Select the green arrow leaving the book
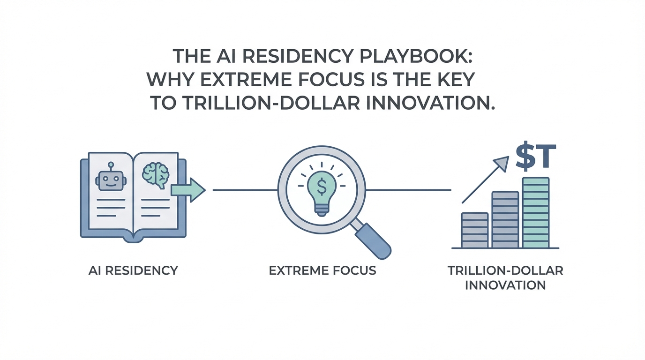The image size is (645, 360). [188, 190]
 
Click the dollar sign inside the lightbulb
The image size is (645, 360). [322, 187]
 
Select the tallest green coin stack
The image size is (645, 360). [536, 212]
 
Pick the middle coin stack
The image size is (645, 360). [505, 220]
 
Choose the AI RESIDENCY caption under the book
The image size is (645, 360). [133, 270]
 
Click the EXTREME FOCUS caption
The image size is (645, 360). [322, 270]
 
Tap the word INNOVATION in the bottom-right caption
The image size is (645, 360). [505, 285]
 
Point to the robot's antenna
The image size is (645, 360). [111, 167]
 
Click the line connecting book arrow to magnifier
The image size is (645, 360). [245, 190]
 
